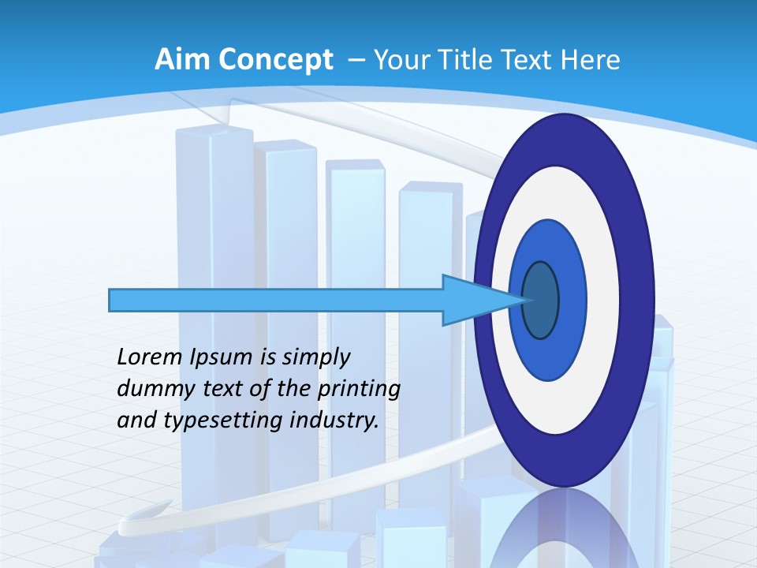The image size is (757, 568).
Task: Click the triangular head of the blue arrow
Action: tap(481, 300)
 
